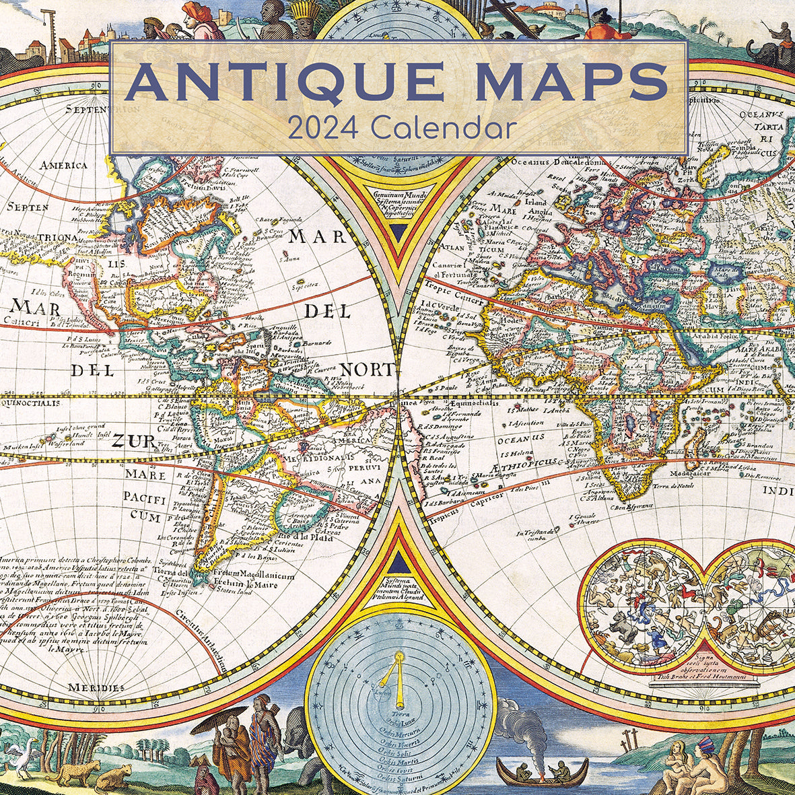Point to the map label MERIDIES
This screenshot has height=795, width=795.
pyautogui.click(x=96, y=687)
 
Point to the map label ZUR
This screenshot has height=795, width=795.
pyautogui.click(x=128, y=441)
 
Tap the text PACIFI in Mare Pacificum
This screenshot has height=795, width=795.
pyautogui.click(x=145, y=497)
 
